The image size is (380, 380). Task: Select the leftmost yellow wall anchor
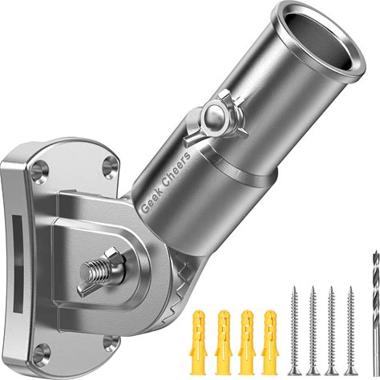pos(199,342)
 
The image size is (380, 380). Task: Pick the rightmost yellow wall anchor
pos(270,342)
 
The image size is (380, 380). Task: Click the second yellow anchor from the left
pos(224,342)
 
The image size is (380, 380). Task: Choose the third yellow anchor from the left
pos(247,342)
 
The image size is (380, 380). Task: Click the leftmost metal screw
pos(294,330)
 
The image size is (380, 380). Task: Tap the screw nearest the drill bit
pos(351,330)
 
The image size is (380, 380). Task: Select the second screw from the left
pos(313,330)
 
